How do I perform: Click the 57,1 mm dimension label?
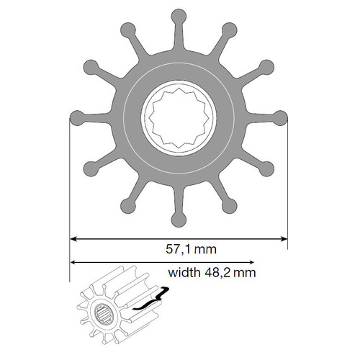(x=191, y=249)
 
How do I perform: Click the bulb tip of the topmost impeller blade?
(x=179, y=17)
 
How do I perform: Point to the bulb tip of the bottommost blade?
(x=179, y=220)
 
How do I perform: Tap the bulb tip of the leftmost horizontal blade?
(x=77, y=118)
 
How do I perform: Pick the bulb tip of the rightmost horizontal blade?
(x=280, y=118)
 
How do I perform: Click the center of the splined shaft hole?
(x=179, y=118)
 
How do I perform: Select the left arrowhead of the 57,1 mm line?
(x=73, y=239)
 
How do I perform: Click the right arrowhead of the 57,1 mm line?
(x=284, y=239)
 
